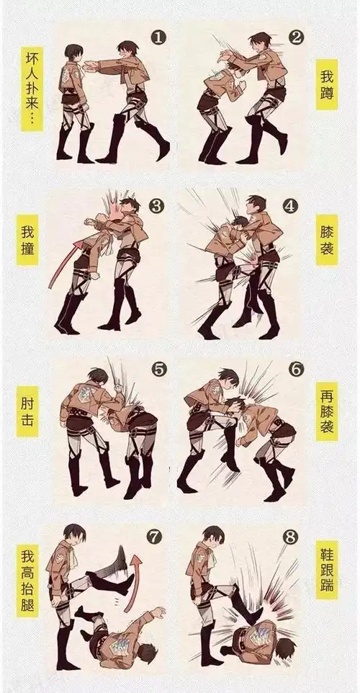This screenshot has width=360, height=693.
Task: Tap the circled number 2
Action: pyautogui.click(x=294, y=36)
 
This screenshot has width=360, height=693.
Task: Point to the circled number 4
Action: pyautogui.click(x=291, y=205)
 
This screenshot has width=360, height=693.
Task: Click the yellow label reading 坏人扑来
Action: pyautogui.click(x=32, y=90)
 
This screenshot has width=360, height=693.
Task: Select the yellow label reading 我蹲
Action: pyautogui.click(x=326, y=84)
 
